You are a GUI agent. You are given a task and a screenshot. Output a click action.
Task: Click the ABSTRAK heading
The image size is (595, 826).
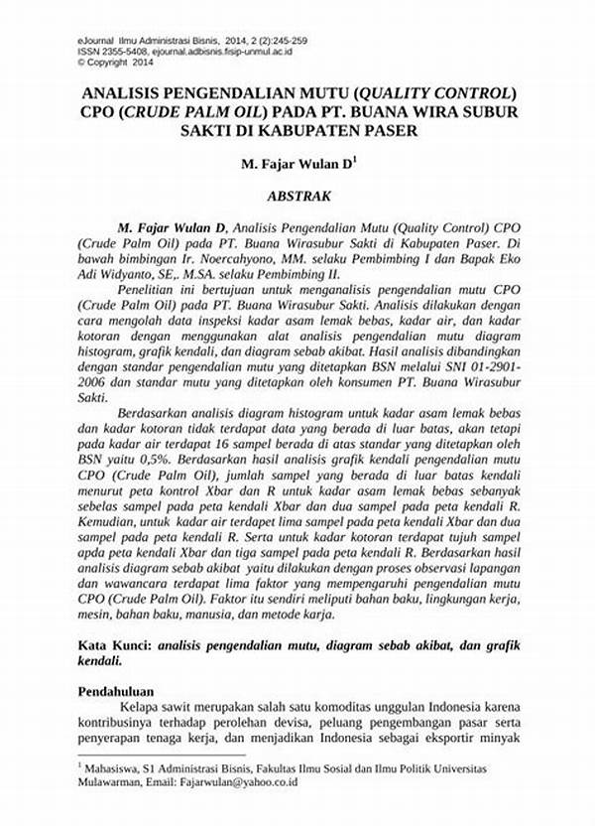(x=297, y=197)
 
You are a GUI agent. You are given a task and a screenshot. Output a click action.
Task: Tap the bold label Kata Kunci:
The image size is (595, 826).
(x=113, y=644)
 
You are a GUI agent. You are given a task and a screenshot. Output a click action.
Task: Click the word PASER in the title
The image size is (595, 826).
(x=384, y=130)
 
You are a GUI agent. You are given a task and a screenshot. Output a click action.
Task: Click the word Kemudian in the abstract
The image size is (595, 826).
(x=112, y=521)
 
